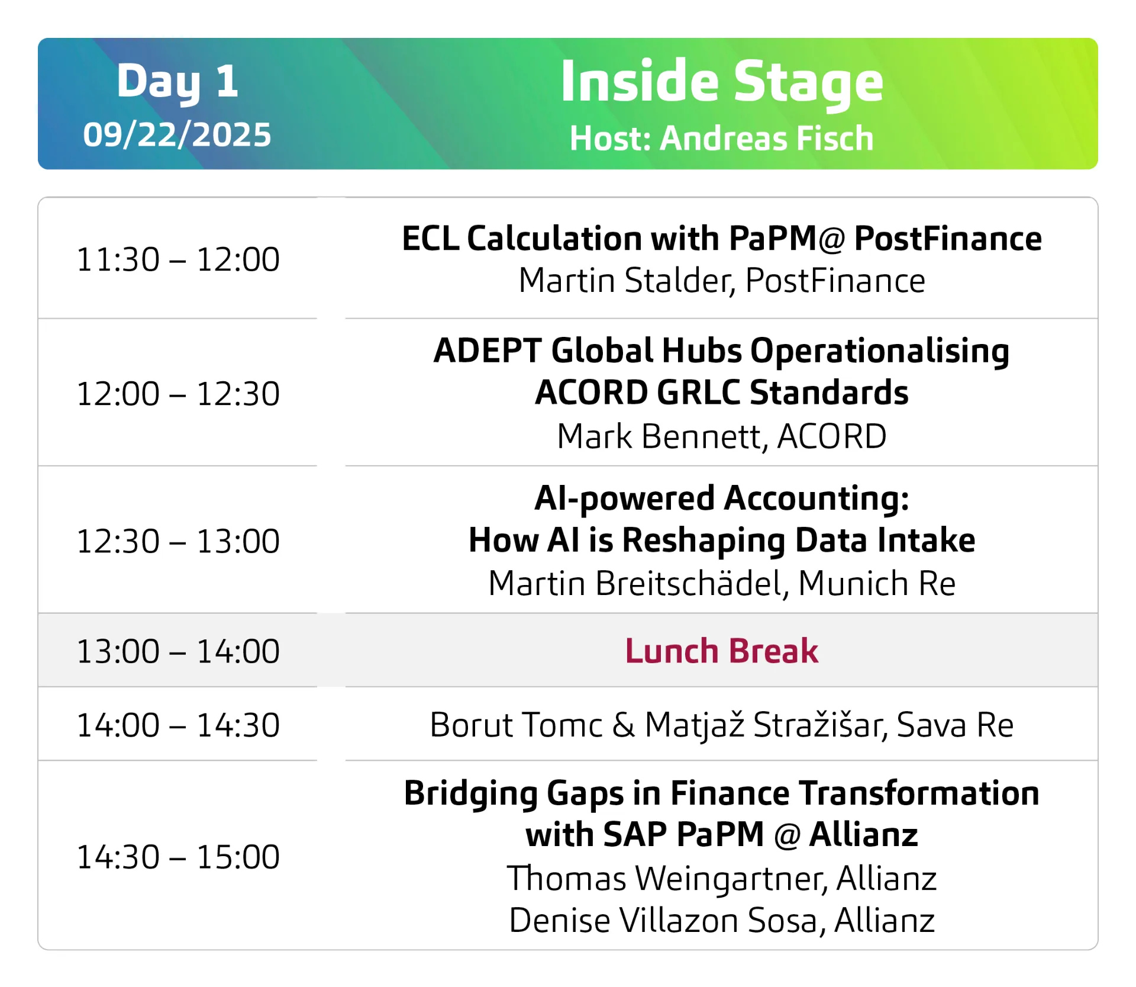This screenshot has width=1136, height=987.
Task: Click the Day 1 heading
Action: click(177, 82)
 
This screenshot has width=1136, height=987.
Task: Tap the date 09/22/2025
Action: click(177, 135)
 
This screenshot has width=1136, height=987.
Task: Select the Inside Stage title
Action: click(722, 83)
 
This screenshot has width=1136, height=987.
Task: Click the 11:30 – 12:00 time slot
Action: click(178, 259)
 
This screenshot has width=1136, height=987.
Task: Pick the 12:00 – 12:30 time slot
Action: click(178, 394)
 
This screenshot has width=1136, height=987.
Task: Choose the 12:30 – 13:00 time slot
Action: click(178, 541)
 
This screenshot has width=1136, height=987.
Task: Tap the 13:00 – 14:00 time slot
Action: click(178, 651)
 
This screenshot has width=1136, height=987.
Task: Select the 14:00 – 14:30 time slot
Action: click(178, 725)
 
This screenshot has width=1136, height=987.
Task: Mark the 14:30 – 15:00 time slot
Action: click(178, 857)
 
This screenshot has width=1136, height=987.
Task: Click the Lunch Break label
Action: click(722, 651)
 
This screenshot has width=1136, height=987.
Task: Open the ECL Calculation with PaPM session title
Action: click(722, 239)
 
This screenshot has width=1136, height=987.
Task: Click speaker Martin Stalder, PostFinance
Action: click(722, 281)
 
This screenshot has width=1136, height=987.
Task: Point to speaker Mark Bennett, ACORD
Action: click(722, 436)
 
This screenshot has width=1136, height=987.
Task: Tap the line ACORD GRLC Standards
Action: click(722, 393)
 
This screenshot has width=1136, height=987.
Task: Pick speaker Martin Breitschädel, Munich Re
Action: click(722, 584)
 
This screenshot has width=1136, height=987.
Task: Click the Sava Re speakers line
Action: click(722, 725)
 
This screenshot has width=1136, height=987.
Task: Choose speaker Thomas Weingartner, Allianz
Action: click(722, 879)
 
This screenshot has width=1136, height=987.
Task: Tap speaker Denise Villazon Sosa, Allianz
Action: click(722, 921)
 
